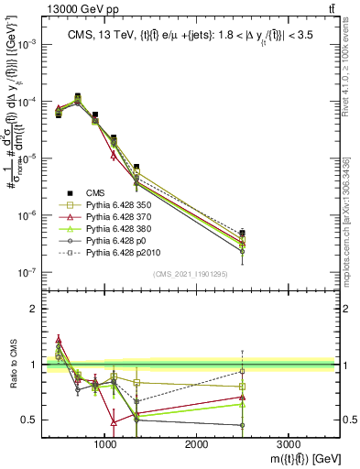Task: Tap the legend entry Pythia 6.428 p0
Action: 115,236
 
